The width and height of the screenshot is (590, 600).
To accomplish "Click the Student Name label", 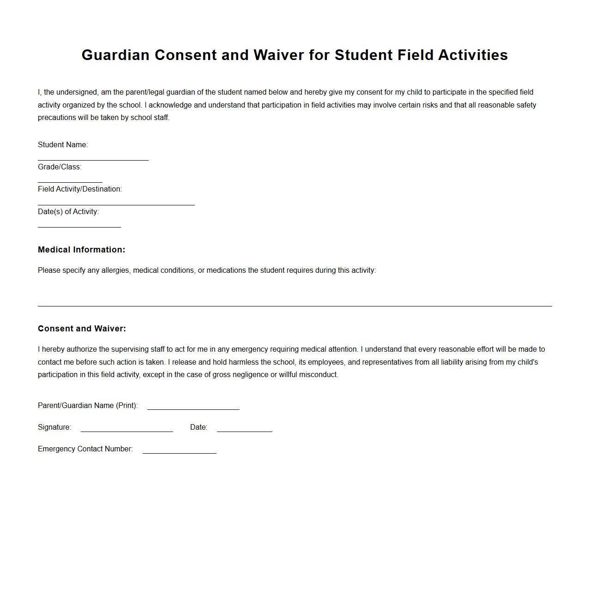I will (x=63, y=145).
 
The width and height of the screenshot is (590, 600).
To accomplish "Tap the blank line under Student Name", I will (x=93, y=160).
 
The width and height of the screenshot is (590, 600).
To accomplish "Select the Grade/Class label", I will (x=60, y=167).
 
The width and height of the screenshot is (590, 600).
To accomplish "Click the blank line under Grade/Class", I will (x=70, y=182).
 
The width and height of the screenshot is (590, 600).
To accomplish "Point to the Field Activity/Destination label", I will (x=80, y=189).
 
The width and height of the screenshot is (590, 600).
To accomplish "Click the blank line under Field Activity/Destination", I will (x=116, y=204).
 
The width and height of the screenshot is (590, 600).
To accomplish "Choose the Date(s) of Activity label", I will (x=68, y=212).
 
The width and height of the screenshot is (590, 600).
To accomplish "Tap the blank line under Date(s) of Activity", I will (x=79, y=227).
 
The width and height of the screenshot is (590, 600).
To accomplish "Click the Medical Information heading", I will (x=81, y=250).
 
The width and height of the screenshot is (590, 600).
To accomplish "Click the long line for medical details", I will (x=295, y=305).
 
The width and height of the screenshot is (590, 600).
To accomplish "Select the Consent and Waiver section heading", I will (x=82, y=329).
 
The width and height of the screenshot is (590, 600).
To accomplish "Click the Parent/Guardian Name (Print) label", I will (x=88, y=406).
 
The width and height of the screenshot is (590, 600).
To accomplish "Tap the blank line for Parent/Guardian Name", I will (x=193, y=408).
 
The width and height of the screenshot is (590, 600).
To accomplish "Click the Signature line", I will (x=126, y=431).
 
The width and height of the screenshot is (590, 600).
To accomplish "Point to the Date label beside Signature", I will (x=199, y=427).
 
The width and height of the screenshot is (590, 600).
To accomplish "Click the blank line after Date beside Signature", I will (x=244, y=431).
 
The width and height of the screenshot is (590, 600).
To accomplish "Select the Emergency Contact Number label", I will (x=85, y=449).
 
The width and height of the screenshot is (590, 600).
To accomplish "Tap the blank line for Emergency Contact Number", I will (x=179, y=452).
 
